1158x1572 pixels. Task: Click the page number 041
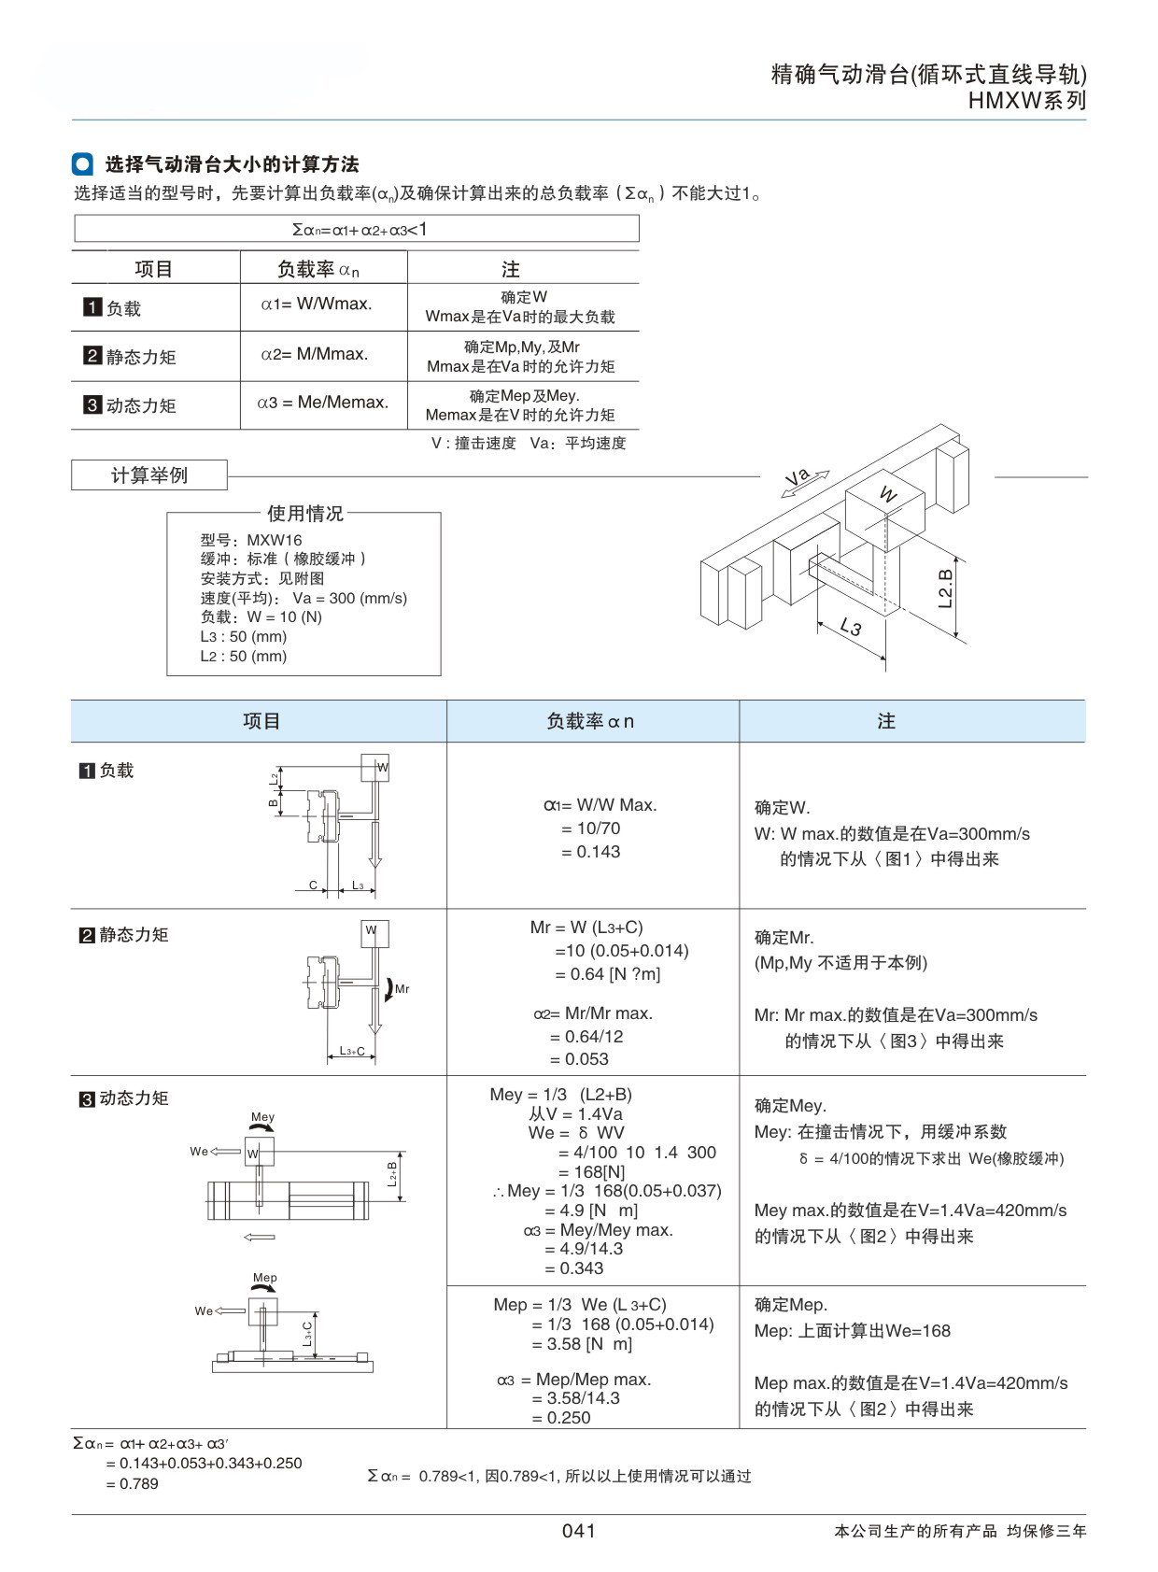578,1531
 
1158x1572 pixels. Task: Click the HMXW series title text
1026,100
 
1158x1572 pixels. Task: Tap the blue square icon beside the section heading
82,163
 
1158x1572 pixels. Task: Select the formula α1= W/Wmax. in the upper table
317,304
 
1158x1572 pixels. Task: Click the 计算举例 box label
148,475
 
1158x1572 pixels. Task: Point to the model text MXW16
275,540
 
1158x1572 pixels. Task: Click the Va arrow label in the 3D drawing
798,478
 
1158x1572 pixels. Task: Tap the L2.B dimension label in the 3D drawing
945,588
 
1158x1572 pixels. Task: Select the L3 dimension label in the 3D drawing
851,626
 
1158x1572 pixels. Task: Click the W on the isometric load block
888,493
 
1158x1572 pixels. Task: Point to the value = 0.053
579,1059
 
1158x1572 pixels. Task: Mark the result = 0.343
573,1268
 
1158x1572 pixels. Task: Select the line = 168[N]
591,1171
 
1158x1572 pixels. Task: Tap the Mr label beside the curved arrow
402,989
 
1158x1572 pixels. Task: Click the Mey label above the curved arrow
263,1116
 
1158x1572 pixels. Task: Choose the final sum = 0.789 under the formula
132,1483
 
